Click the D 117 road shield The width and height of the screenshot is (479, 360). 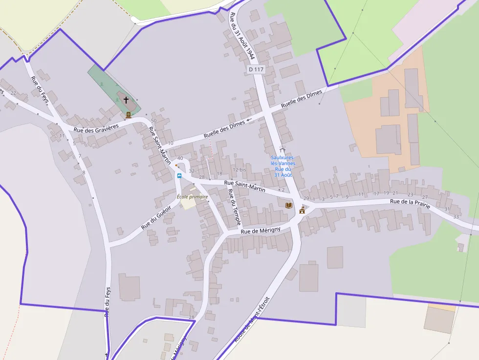point(256,69)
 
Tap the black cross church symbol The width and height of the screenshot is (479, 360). point(126,100)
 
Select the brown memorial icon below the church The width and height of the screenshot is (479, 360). point(129,115)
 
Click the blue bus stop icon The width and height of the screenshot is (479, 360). point(179,176)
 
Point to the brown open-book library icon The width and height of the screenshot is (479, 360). point(289,205)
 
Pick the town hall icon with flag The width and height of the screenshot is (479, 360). point(302,210)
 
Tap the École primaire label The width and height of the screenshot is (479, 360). point(192,197)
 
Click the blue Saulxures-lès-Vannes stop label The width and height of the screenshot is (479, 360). point(283,166)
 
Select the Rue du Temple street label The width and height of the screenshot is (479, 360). point(235,207)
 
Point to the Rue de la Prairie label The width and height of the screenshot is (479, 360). point(410,203)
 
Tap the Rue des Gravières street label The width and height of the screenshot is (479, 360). point(96,128)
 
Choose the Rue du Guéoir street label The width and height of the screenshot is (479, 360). point(153,217)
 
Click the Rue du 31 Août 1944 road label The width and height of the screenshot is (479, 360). point(242,37)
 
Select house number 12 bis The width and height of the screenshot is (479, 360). point(239,169)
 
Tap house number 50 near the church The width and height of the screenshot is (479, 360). point(153,121)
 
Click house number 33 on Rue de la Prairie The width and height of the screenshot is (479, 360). point(456,216)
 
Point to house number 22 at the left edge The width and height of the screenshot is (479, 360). point(13,93)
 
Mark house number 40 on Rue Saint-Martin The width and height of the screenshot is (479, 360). point(180,158)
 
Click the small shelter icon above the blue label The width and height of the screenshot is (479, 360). point(282,148)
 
